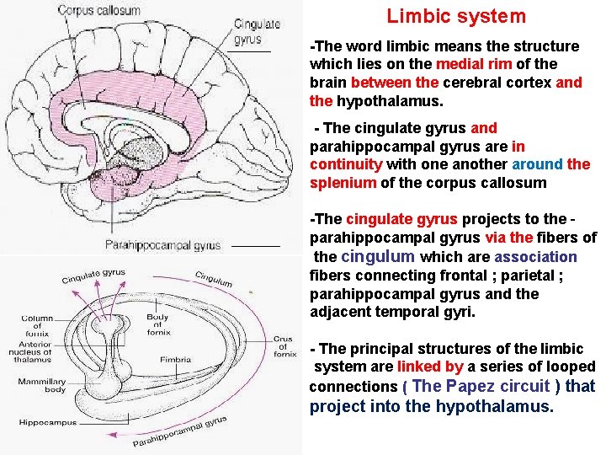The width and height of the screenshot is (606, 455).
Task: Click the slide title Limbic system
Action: point(456,16)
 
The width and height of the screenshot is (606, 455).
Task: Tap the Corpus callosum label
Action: point(99,10)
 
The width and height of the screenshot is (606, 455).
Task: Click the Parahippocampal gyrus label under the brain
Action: point(162,245)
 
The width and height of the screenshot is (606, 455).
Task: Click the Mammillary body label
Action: point(42,385)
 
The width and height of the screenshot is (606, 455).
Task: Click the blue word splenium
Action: point(343,183)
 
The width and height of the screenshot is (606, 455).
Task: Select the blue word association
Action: point(535,257)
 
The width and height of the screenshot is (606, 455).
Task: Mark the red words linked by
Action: point(430,367)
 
